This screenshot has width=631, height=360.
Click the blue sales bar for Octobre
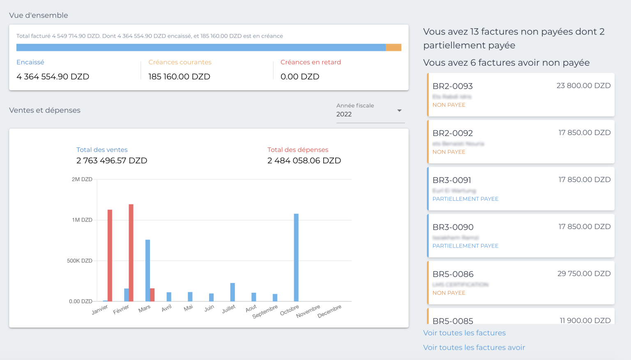296,257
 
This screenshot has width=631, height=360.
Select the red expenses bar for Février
131,252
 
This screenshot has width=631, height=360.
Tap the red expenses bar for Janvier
110,255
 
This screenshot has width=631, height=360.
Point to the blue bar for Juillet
233,292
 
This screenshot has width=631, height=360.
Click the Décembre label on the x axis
329,311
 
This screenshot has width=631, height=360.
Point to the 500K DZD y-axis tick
80,261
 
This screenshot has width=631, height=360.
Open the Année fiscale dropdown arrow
399,110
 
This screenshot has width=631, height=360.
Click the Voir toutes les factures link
464,333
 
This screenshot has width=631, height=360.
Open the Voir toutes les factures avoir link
474,347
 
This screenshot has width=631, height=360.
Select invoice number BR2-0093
453,86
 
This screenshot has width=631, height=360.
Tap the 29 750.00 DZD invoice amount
584,274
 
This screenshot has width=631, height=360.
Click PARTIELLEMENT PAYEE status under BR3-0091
465,199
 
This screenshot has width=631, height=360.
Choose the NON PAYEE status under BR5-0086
449,293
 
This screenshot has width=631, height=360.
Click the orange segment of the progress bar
394,48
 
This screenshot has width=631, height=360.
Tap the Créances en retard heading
311,62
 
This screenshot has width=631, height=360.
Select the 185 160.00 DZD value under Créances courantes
179,77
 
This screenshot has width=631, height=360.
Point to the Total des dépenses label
298,150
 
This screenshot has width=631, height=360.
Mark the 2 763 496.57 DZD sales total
112,161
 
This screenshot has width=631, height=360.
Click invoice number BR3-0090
453,227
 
